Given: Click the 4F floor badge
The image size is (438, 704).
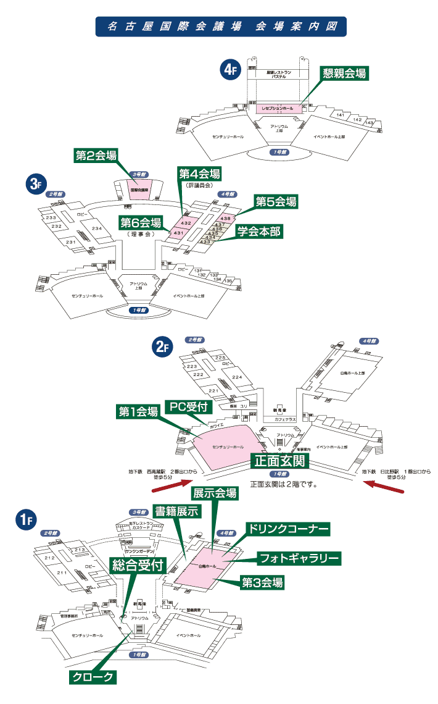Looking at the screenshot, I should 229,70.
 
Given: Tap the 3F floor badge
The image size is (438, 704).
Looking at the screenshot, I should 35,183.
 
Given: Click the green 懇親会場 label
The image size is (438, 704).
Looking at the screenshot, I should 344,73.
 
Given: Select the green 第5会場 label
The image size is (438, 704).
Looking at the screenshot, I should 276,201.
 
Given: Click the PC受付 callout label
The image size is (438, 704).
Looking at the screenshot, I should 191,406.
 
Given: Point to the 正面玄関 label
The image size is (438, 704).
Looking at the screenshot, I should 279,461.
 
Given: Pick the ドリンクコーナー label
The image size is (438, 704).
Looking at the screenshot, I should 288,529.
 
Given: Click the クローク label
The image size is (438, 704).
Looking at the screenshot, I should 92,677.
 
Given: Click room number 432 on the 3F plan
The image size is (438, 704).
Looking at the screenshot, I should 186,222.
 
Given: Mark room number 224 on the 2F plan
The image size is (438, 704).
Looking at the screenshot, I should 237,377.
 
